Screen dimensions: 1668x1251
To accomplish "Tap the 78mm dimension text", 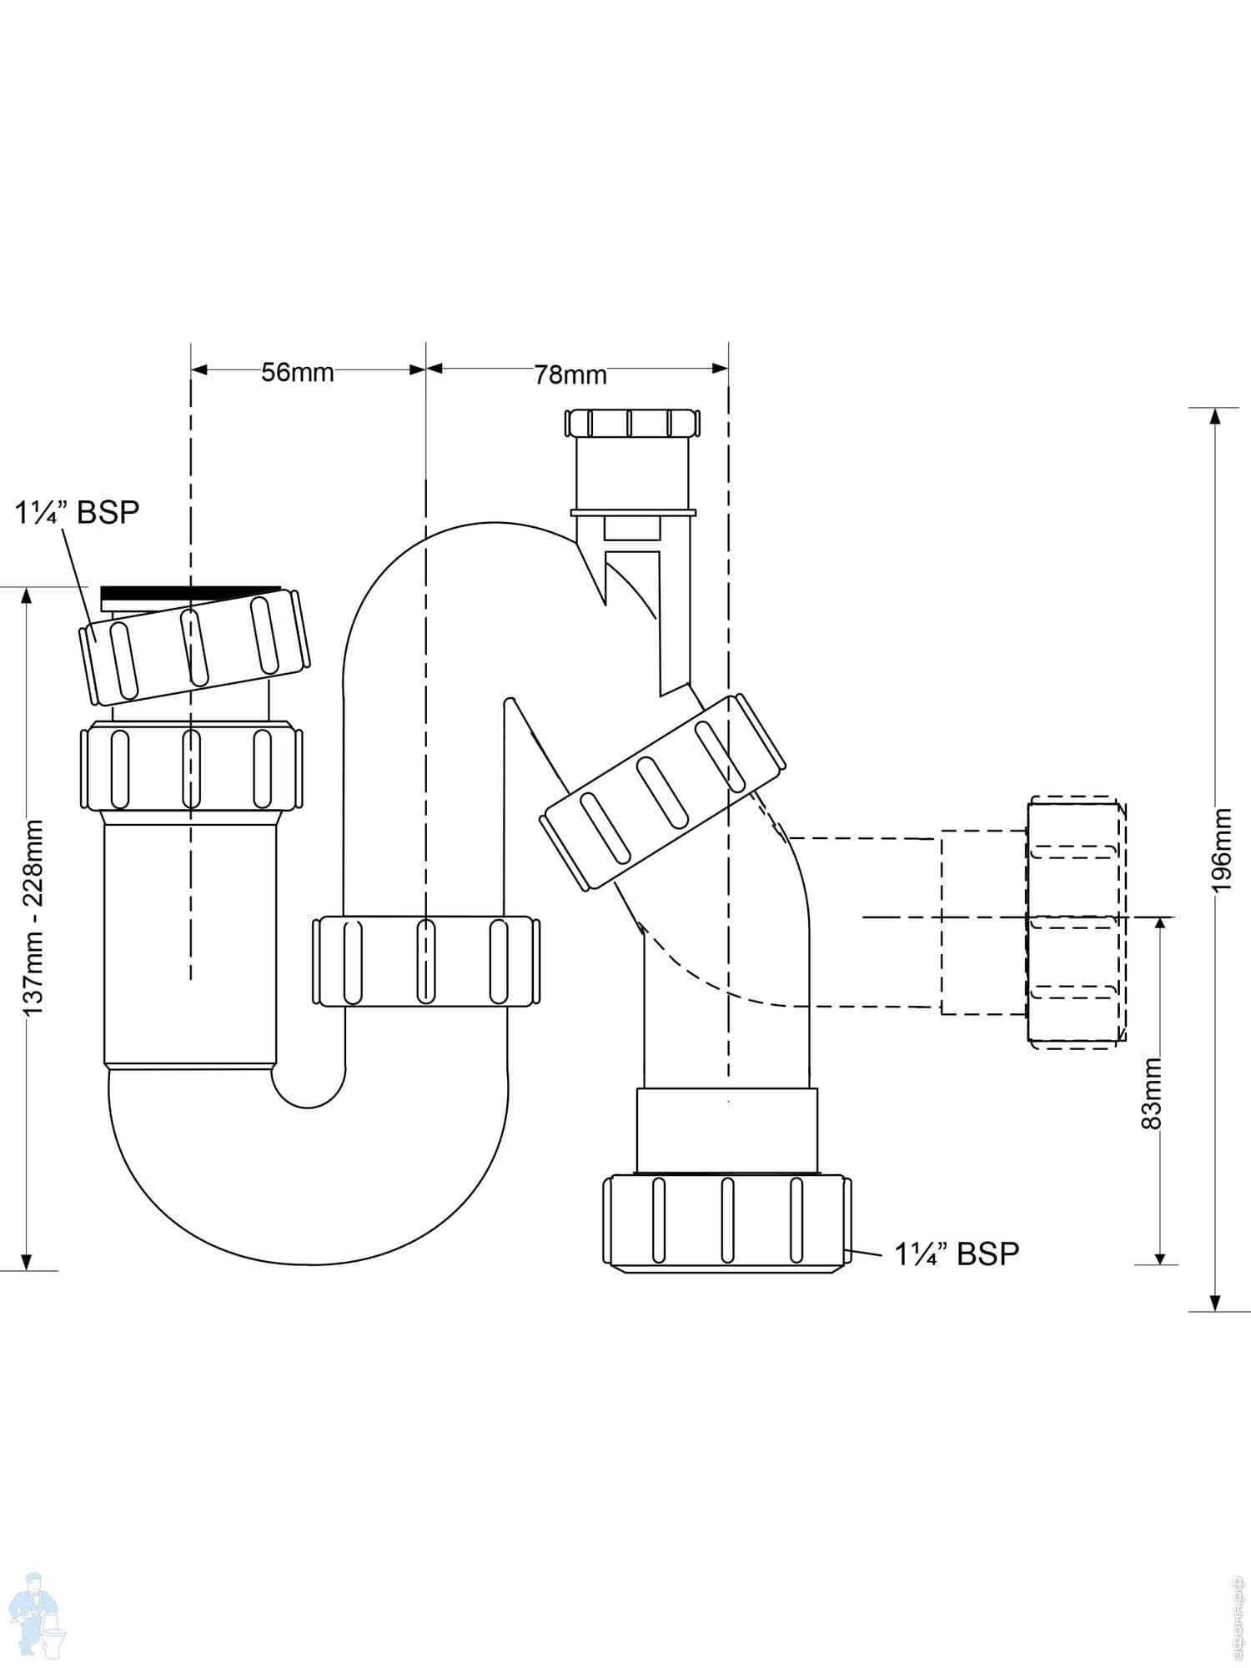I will coord(570,374).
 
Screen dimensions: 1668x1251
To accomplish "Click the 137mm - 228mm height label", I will coord(33,917).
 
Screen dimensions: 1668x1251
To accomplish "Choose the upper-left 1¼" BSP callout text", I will coord(77,512).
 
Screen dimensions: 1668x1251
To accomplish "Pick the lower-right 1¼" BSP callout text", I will coord(957,1254).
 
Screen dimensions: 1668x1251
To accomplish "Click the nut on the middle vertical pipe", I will coord(425,961).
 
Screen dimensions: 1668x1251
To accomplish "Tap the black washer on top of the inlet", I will coord(190,593).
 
